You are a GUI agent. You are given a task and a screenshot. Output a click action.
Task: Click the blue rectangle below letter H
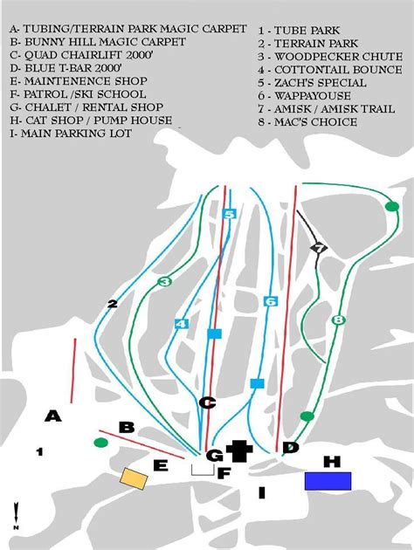(328, 481)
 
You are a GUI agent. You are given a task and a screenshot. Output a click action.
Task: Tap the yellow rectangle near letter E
(134, 478)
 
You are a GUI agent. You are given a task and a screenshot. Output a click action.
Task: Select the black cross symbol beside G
(239, 450)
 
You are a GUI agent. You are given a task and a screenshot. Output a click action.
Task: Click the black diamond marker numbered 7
(319, 248)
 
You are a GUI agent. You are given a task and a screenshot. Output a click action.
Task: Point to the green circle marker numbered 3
(164, 281)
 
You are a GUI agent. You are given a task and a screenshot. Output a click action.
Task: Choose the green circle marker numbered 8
(338, 320)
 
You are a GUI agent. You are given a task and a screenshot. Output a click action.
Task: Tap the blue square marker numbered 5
(229, 214)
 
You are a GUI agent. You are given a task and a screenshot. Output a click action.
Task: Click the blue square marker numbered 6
(271, 301)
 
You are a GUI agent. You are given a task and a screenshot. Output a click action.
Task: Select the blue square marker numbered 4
(181, 324)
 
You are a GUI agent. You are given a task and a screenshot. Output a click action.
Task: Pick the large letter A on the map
(53, 416)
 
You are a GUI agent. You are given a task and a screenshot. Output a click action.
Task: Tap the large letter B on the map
(127, 428)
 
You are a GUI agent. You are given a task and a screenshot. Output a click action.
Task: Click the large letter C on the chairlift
(207, 402)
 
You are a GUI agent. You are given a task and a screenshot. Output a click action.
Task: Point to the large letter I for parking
(262, 492)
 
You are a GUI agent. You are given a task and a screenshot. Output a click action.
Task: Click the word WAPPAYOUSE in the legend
(313, 96)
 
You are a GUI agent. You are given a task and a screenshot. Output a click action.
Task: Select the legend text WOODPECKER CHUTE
(338, 57)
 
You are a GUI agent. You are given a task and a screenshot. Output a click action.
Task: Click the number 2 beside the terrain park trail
(113, 304)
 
